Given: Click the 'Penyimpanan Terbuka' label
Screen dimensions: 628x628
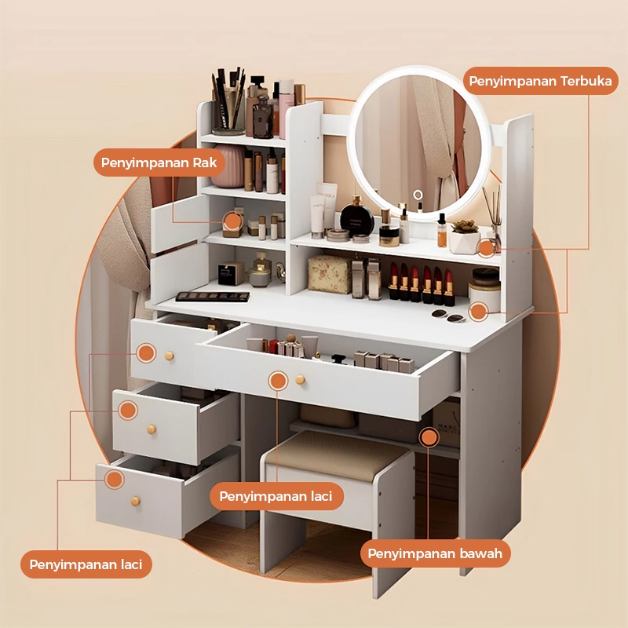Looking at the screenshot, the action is pos(540,81).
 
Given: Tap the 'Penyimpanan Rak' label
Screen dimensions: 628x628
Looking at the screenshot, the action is pos(159,162).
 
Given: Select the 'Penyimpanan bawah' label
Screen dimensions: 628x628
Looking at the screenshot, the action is pos(435,553).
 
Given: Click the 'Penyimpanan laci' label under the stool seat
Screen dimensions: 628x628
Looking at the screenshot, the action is pos(276,496).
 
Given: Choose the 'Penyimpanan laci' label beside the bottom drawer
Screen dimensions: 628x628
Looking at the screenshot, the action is pos(86,564).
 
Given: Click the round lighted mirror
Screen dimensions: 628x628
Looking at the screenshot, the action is pos(418,142).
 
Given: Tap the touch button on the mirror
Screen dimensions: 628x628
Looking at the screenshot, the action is pos(418,195).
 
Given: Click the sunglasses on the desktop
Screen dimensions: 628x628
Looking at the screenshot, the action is pos(448,316).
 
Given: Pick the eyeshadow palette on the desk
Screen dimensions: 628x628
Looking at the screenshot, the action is pos(213,297).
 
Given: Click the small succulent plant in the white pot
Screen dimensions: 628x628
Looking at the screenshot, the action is pos(465,226).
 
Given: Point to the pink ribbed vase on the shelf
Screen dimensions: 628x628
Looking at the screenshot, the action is pos(228,166).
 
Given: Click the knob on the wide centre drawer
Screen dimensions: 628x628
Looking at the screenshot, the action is pos(300,379).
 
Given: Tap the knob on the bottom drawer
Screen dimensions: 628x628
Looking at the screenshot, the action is pos(135,501).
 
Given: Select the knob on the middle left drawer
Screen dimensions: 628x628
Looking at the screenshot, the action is pos(151,429).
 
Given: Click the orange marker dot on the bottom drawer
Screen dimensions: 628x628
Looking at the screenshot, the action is pos(115,479).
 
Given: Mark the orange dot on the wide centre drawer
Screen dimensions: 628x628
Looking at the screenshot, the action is pos(278,381).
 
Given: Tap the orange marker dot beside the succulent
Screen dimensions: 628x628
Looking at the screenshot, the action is pos(487,248).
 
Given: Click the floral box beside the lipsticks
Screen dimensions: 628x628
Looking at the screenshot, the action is pos(329,274).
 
